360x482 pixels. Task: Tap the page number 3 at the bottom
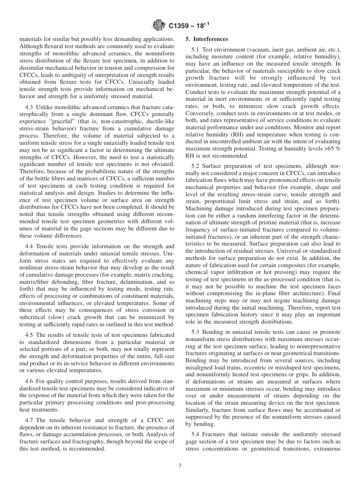(x=180, y=466)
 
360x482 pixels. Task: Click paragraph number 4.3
(x=29, y=108)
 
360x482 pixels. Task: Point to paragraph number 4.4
(x=29, y=246)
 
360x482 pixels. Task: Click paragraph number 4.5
(x=29, y=335)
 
